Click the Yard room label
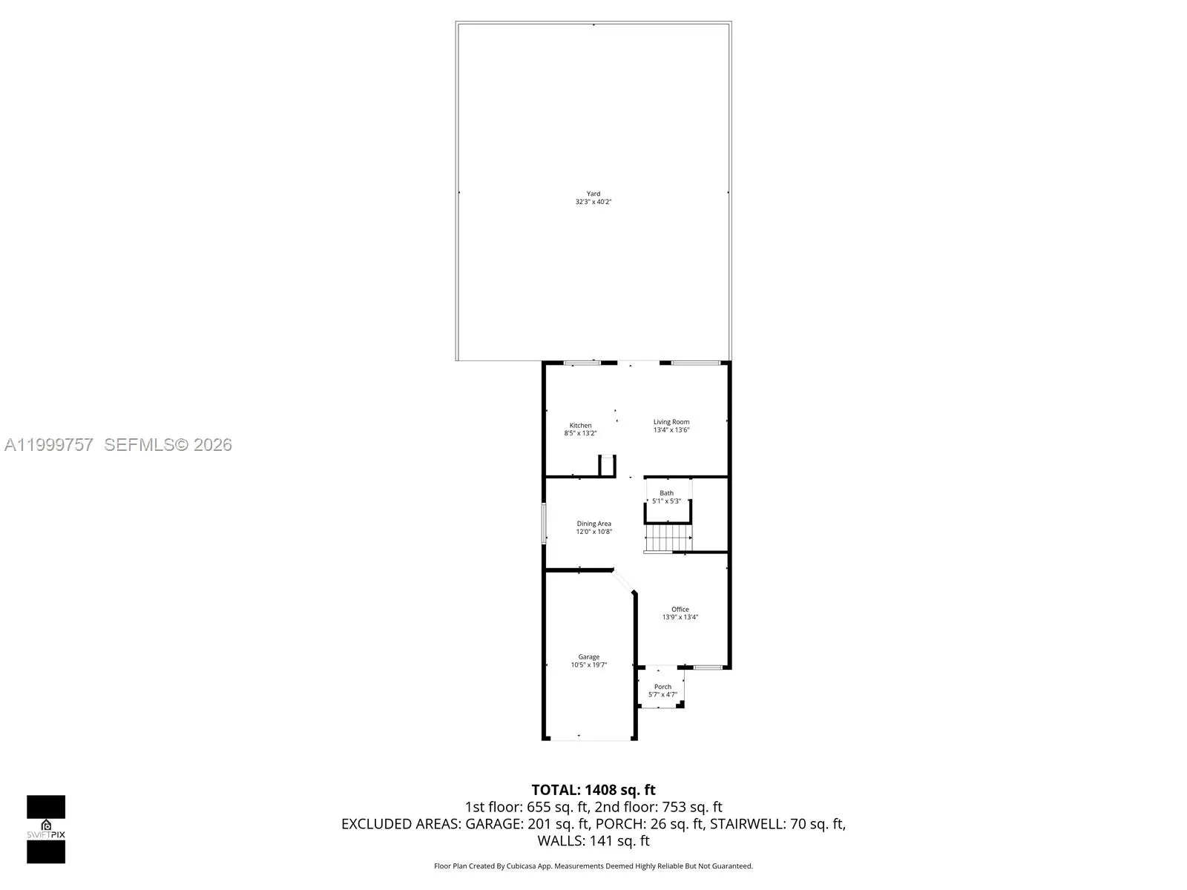(x=593, y=194)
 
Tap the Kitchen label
(x=580, y=425)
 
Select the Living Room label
(x=671, y=422)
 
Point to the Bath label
(x=666, y=492)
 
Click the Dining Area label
(x=593, y=524)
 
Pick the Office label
(x=680, y=609)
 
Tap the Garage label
(x=588, y=657)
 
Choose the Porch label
(x=662, y=687)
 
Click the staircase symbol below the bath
(x=668, y=538)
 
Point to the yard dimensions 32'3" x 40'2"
(x=593, y=202)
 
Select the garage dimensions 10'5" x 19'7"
(x=588, y=665)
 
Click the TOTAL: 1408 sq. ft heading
(x=593, y=790)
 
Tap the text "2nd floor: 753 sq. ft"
(x=658, y=807)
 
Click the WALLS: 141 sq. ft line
(x=593, y=841)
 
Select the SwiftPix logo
(x=46, y=829)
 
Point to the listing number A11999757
(x=49, y=445)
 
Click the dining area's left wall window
(x=544, y=523)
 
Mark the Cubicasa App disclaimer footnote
(x=593, y=866)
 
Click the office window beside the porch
(x=708, y=668)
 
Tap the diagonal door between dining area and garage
(x=623, y=581)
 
